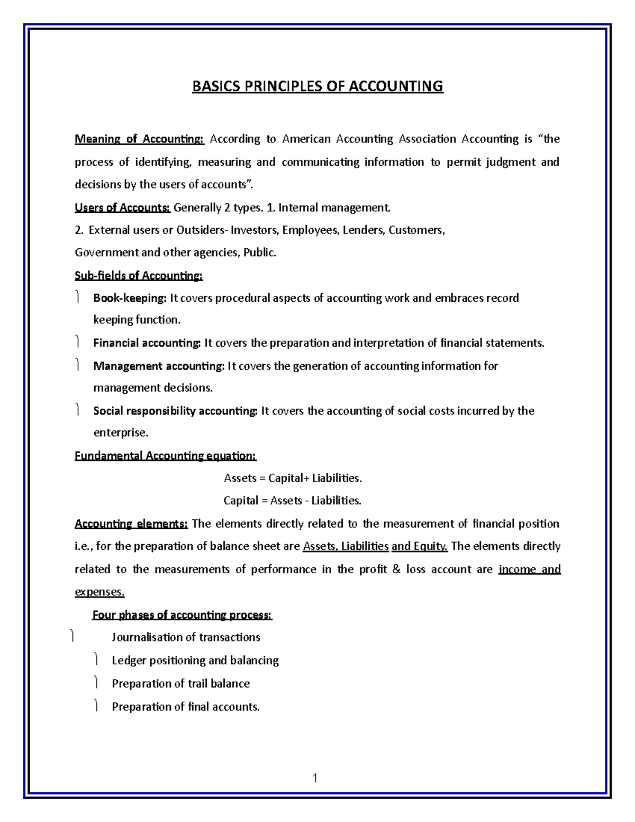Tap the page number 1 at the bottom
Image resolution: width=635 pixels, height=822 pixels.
tap(315, 778)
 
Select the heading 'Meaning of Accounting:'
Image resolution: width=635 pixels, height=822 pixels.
tap(139, 139)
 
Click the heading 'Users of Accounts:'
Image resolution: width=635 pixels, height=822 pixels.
tap(122, 207)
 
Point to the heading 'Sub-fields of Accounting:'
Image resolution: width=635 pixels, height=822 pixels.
tap(139, 276)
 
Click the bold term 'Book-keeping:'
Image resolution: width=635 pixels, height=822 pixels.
tap(130, 298)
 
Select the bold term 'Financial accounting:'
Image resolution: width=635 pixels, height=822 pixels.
tap(147, 343)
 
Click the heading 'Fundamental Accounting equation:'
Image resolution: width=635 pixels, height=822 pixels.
tap(166, 456)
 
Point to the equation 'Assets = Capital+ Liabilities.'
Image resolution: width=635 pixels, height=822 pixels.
tap(293, 478)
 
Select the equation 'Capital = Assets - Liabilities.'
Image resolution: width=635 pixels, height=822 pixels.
tap(293, 501)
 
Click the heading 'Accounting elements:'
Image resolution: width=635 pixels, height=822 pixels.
tap(131, 524)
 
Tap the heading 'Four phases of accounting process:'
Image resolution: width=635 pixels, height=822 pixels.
tap(182, 615)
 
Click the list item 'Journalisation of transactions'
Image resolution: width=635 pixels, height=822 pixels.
tap(186, 637)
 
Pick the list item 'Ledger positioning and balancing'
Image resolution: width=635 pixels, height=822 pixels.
tap(195, 661)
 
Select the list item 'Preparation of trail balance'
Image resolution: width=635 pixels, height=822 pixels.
tap(180, 684)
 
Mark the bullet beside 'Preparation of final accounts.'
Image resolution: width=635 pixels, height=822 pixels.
tap(96, 706)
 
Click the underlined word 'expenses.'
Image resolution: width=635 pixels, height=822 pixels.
tap(99, 592)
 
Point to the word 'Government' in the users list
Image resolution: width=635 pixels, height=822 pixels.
tap(103, 253)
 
